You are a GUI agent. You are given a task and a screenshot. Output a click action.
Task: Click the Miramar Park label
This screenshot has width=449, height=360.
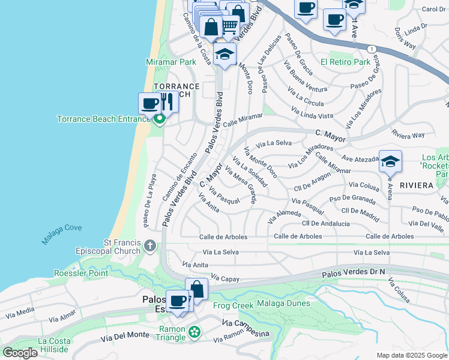(x=170, y=62)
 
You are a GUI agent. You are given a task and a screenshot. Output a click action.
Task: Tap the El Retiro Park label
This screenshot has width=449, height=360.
(x=345, y=62)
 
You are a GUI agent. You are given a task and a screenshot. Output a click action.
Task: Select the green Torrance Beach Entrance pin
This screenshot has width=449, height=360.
(x=159, y=120)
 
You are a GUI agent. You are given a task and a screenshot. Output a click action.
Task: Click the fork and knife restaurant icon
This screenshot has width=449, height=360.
(x=167, y=102)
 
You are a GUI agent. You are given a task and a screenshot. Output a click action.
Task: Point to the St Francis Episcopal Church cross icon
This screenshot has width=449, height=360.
(x=149, y=245)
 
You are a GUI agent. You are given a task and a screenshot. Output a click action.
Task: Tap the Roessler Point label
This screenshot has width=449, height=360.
(x=81, y=273)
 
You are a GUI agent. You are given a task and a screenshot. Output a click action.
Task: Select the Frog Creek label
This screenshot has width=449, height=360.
(x=233, y=305)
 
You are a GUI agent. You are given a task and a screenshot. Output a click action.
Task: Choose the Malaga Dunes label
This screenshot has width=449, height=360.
(x=283, y=304)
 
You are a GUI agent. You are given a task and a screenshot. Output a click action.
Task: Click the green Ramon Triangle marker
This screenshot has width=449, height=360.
(x=194, y=331)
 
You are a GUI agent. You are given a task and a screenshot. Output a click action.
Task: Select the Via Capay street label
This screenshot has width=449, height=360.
(x=221, y=279)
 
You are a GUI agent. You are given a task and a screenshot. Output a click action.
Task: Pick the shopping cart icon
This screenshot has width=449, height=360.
(x=230, y=26)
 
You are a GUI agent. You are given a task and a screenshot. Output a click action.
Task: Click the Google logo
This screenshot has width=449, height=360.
(x=20, y=353)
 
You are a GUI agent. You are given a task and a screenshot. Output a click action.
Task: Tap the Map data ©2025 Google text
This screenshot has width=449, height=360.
(x=412, y=355)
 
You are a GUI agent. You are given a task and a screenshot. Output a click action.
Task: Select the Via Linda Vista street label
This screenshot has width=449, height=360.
(x=312, y=112)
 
